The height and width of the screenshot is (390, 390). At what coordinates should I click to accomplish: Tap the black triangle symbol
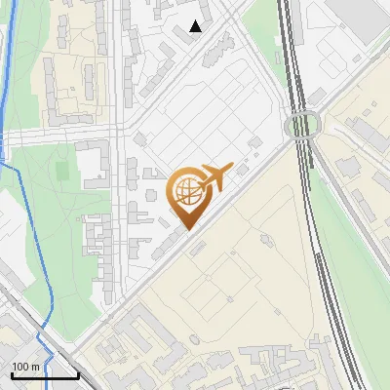point(195,26)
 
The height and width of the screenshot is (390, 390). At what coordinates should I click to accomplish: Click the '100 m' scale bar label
point(25,366)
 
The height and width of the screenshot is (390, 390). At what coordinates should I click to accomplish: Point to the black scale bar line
point(45,375)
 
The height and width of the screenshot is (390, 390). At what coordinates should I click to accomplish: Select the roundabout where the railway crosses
point(302,126)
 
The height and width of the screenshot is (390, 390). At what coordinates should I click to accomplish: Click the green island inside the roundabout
point(302,126)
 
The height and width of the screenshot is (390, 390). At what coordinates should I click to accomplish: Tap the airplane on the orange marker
point(214,175)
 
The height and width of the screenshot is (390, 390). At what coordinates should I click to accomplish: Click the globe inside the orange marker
point(185,191)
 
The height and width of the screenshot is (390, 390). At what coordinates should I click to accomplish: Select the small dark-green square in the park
point(63,172)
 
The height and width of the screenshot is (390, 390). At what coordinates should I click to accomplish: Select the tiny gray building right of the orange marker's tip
point(199,247)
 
